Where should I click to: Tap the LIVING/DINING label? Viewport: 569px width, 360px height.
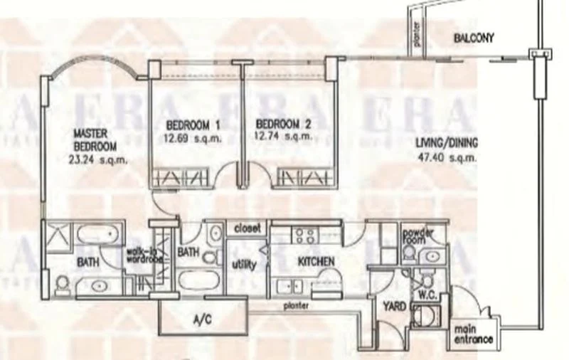pos(446,142)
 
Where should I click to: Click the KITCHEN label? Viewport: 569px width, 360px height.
pos(316,262)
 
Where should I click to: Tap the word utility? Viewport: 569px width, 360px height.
pos(240,264)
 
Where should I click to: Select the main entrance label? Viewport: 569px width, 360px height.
pos(473,334)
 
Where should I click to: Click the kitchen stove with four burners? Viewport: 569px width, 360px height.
pos(306,235)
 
